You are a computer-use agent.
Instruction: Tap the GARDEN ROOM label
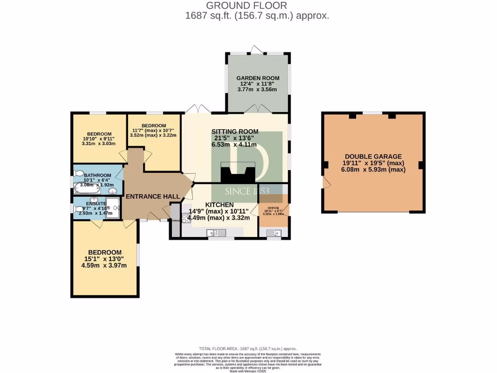pos(258,78)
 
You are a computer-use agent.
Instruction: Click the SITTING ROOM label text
pos(235,132)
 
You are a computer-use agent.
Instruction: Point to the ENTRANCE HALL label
pos(153,197)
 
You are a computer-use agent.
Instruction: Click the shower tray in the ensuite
pos(113,207)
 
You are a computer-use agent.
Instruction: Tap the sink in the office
pos(273,233)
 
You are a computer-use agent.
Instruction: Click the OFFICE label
pos(274,207)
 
